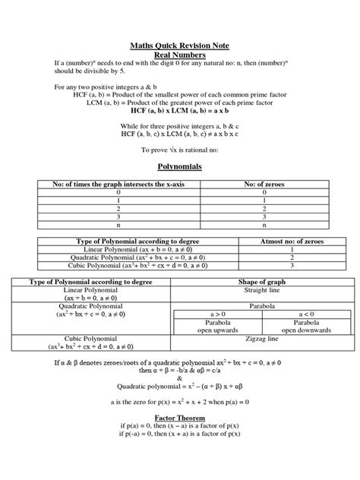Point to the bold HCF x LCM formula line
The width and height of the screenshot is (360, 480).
tap(180, 110)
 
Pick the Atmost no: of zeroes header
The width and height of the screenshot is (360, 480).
tap(292, 241)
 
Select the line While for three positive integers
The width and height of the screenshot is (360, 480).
tap(180, 125)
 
